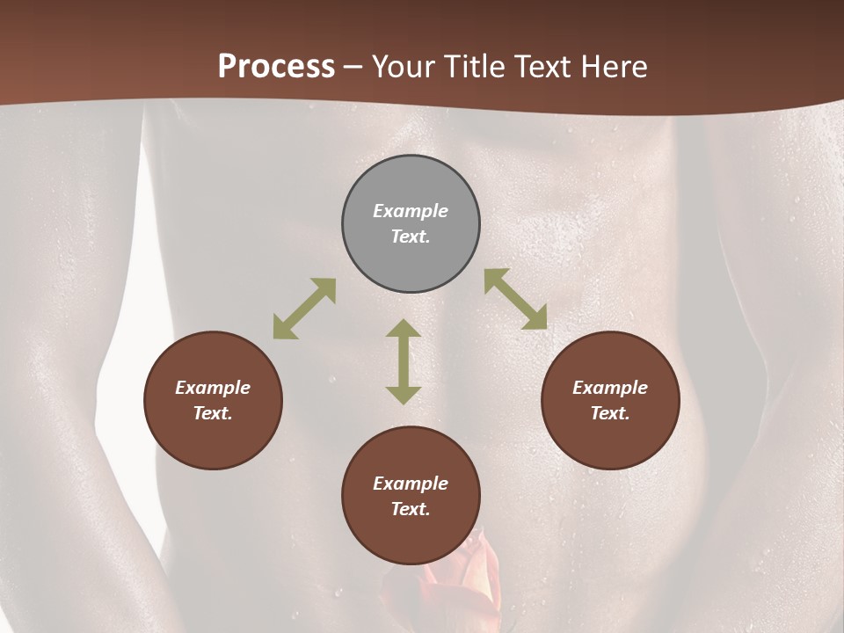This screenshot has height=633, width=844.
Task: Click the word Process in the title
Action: click(276, 67)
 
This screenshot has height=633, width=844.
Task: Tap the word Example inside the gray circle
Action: click(411, 211)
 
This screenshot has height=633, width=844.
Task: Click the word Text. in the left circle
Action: click(213, 413)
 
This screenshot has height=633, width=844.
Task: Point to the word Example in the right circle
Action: click(610, 388)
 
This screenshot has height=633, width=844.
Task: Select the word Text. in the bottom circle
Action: click(411, 509)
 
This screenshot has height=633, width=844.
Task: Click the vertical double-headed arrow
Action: click(404, 361)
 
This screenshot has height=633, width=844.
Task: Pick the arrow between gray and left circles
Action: click(304, 309)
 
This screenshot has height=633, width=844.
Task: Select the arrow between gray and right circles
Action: click(516, 299)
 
